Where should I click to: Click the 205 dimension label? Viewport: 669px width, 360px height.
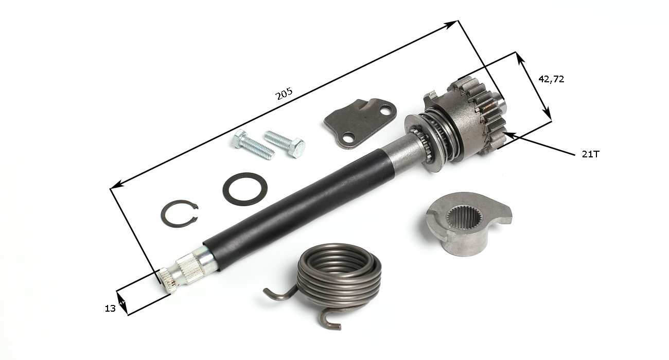284,94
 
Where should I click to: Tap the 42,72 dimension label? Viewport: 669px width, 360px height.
551,79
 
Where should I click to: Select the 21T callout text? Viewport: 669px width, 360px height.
590,154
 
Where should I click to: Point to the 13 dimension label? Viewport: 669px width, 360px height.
110,309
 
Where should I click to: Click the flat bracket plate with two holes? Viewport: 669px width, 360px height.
361,123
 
